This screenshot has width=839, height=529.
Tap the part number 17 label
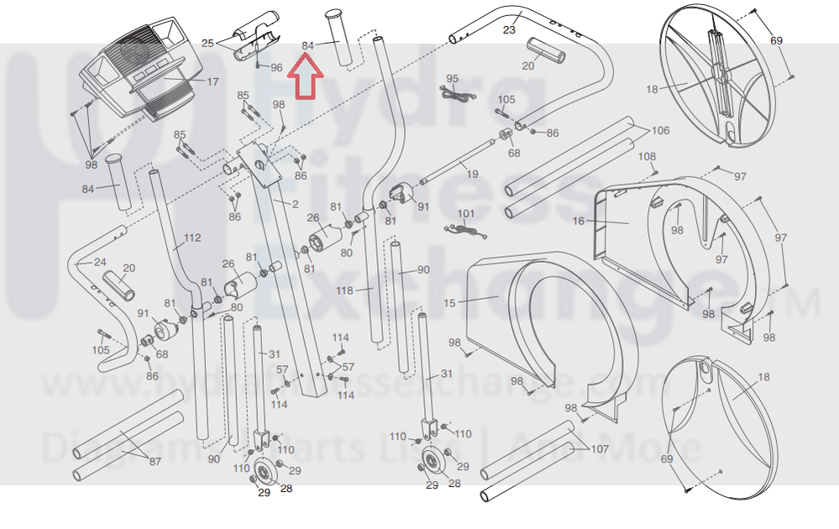(212, 82)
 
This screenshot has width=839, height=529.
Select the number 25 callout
(207, 43)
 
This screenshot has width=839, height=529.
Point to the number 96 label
(276, 67)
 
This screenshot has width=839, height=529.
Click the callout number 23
(509, 30)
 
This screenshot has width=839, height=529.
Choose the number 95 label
(453, 79)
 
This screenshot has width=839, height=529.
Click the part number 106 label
(660, 130)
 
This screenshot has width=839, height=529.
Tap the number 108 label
(647, 157)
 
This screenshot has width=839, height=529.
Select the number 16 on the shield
(578, 221)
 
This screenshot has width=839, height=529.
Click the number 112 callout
(192, 238)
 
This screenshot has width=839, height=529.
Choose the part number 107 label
(599, 449)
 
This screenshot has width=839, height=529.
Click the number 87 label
(155, 462)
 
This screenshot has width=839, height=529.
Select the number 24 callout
(100, 262)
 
